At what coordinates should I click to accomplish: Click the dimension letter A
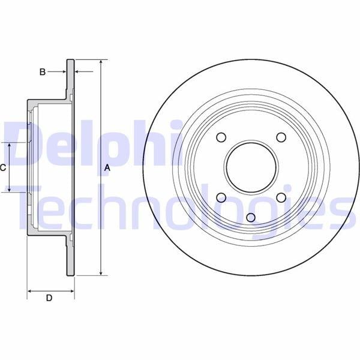point(107,168)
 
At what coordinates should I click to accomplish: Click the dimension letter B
point(43,72)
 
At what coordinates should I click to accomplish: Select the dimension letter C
point(2,168)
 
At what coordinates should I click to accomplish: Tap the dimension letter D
point(49,298)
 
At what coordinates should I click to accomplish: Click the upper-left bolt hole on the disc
point(221,137)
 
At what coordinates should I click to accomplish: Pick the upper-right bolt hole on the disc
point(281,137)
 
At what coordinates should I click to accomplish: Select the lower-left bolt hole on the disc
point(221,197)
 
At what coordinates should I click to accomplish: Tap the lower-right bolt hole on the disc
point(281,197)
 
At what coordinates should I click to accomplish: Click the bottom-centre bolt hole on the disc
point(251,217)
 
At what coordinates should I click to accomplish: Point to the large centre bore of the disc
point(251,167)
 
